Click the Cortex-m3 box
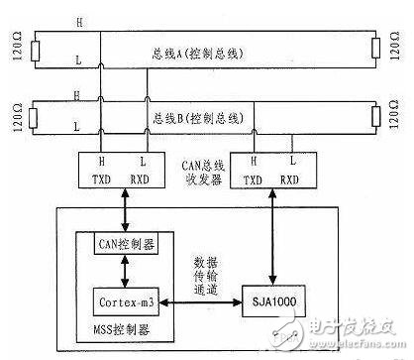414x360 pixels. coord(123,300)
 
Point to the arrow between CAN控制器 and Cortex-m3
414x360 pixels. coord(120,270)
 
